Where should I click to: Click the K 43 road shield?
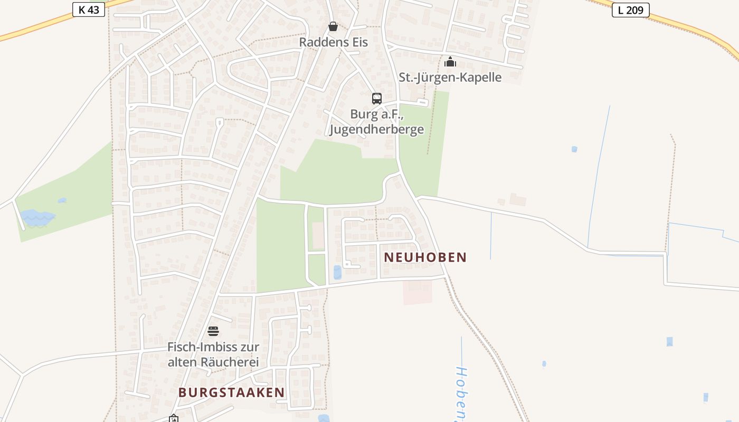tap(89, 9)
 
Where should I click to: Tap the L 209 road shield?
tap(630, 9)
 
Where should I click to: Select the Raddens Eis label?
tap(333, 42)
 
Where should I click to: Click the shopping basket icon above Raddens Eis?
tap(333, 26)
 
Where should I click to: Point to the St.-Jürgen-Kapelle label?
tap(450, 78)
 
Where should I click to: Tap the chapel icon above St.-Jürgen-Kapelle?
tap(450, 62)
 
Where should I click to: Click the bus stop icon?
tap(376, 99)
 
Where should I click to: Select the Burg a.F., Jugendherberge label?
tap(376, 122)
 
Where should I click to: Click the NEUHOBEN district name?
tap(425, 257)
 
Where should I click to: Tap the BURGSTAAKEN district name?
tap(231, 392)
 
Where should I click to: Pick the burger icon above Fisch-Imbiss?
tap(213, 331)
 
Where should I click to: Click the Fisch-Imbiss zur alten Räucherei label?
tap(213, 354)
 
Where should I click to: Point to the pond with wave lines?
tap(37, 217)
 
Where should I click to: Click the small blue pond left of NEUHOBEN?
tap(337, 272)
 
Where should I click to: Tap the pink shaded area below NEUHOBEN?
tap(418, 292)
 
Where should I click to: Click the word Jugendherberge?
tap(376, 129)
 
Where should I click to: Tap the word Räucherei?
tap(230, 362)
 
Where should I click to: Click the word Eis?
tap(358, 42)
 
